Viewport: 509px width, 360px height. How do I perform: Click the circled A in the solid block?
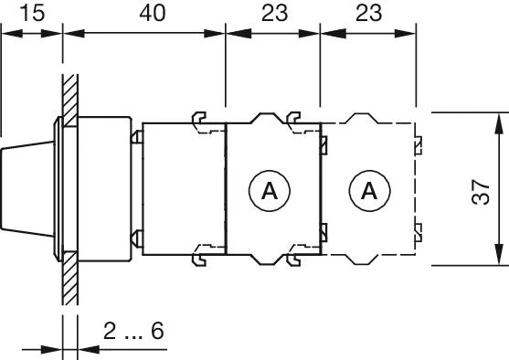click(269, 191)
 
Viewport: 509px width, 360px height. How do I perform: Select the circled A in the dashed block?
click(368, 191)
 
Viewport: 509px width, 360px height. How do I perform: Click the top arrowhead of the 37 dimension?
click(498, 119)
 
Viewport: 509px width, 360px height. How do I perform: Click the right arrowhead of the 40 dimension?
click(218, 33)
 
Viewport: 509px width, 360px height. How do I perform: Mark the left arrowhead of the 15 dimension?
click(6, 33)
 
